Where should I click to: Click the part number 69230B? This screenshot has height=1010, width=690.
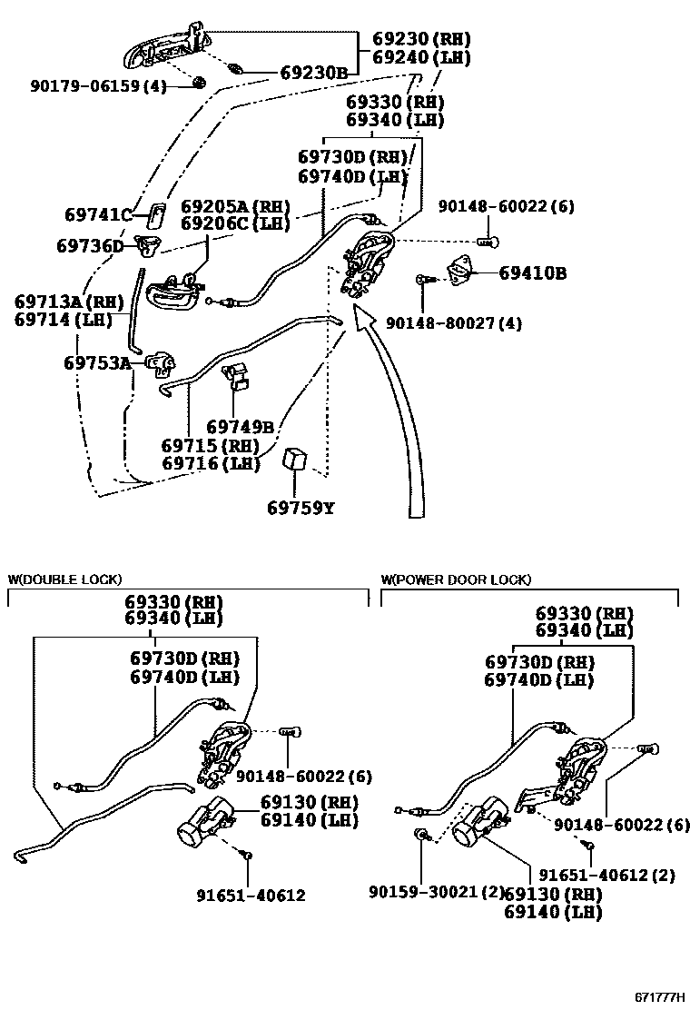(x=313, y=73)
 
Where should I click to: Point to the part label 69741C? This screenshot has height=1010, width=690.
(x=98, y=215)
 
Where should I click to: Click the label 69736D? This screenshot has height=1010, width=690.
(x=90, y=246)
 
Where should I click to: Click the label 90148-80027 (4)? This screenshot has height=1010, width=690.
(x=453, y=322)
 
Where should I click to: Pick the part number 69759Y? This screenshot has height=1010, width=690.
(x=300, y=508)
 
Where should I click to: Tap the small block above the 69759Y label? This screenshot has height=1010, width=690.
(x=296, y=459)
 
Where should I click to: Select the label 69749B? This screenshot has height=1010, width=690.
(x=240, y=427)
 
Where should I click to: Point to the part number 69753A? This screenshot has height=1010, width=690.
(x=97, y=363)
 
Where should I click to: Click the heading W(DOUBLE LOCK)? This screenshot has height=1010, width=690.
(x=64, y=579)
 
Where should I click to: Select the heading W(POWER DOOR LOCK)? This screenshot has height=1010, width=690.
(x=456, y=579)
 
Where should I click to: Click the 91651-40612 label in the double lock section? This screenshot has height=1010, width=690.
(x=251, y=896)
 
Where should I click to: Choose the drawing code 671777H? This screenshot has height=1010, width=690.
(x=659, y=997)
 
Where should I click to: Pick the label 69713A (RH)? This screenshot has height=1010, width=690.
(x=68, y=301)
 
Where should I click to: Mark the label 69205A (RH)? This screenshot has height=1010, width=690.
(x=235, y=207)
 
